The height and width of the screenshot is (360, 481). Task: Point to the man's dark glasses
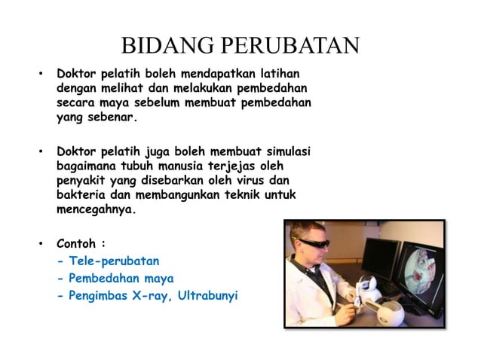(x=313, y=243)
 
